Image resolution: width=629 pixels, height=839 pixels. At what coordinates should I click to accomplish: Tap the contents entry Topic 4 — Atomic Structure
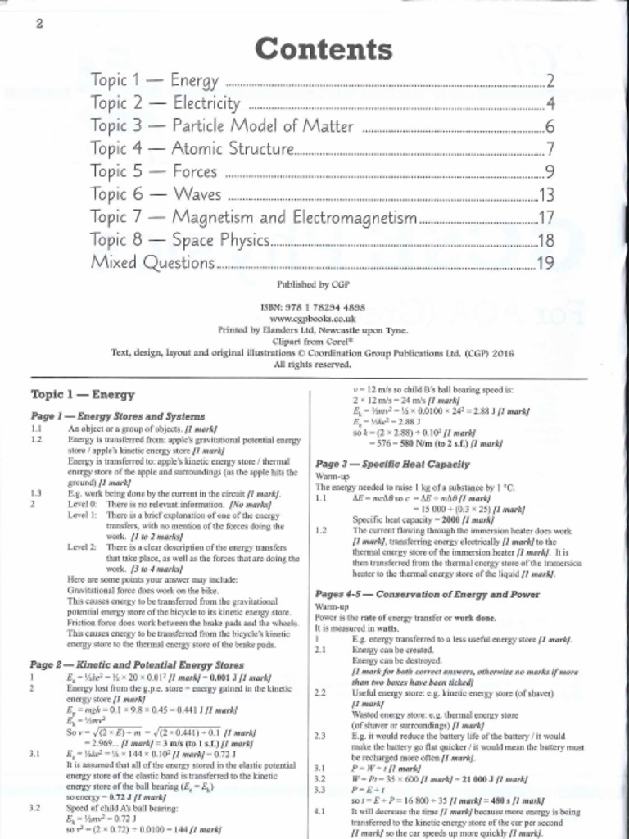coord(192,149)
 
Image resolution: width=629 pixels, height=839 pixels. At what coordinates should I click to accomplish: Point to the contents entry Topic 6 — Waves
coord(156,195)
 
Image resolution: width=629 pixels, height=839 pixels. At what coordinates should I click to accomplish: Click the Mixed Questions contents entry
coord(152,263)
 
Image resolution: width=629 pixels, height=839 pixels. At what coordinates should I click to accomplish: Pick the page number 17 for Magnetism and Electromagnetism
coord(546,218)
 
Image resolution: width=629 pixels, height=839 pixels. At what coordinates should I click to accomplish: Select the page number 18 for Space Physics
coord(546,241)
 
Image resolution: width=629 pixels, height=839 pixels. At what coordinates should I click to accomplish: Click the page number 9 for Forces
coord(550,172)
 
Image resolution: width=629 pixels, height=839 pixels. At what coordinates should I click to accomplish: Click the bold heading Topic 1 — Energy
coord(71,394)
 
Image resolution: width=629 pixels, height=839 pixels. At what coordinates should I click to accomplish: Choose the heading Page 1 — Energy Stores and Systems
coord(117,416)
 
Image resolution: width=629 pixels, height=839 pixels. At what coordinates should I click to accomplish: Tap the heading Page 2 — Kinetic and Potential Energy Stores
coord(137,664)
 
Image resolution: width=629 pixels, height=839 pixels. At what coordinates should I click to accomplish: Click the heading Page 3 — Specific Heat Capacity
coord(392,464)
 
